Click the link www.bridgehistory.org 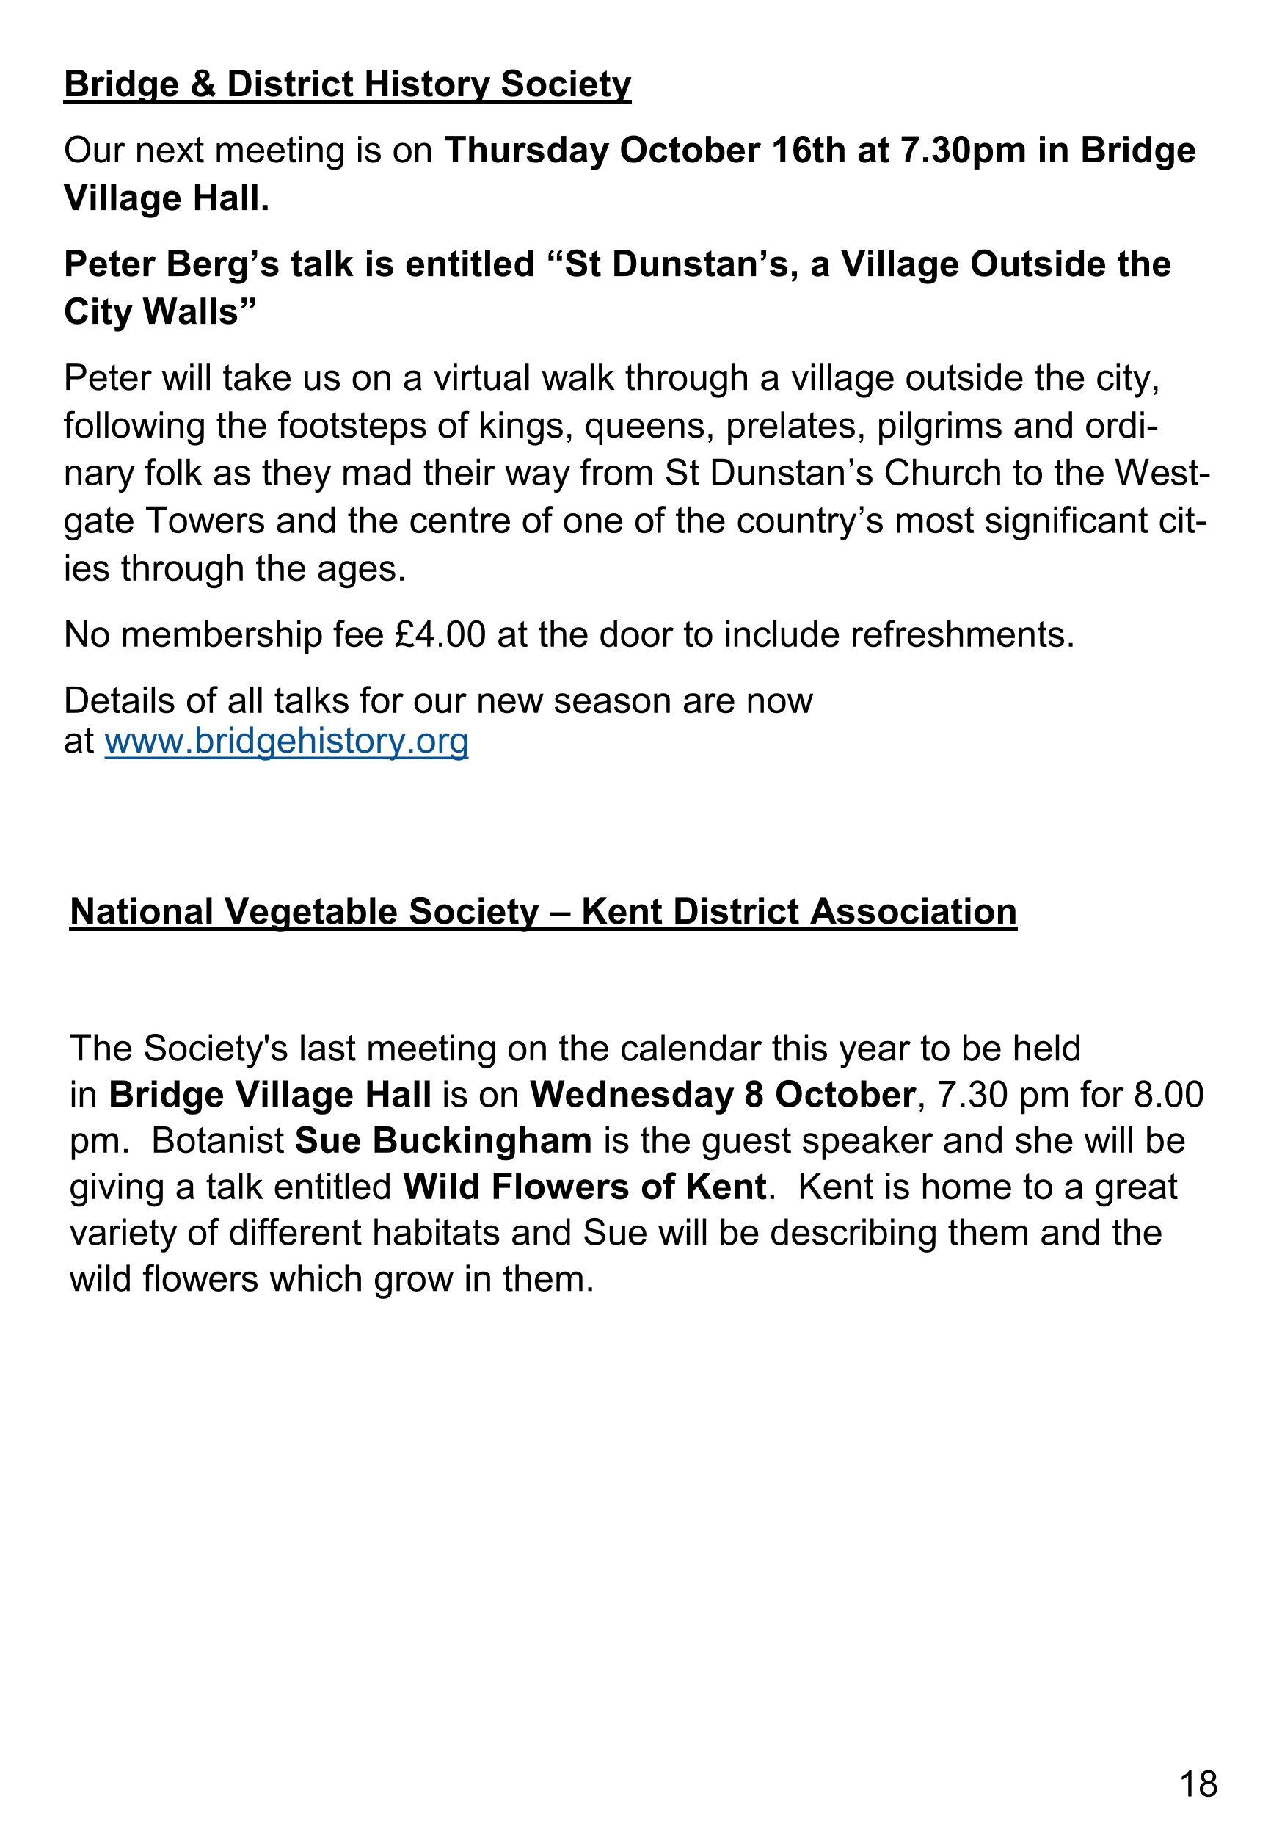click(286, 742)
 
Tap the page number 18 click(1198, 1784)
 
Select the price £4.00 click(440, 635)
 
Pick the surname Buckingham click(482, 1140)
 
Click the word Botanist click(218, 1140)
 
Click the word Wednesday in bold click(632, 1095)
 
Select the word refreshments click(957, 635)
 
